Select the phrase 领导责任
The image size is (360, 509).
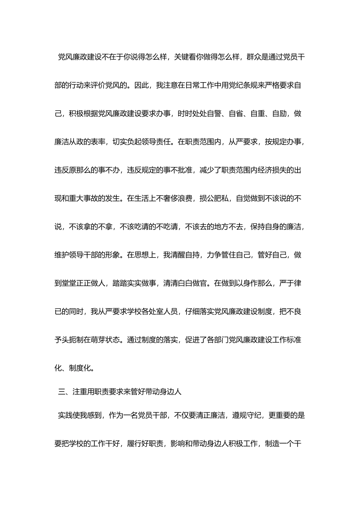coord(156,142)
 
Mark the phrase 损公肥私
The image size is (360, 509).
coord(214,198)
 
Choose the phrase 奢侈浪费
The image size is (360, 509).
coord(177,198)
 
